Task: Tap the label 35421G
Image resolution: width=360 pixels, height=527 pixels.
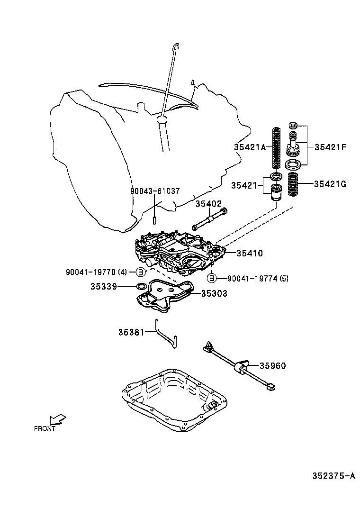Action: tap(330, 184)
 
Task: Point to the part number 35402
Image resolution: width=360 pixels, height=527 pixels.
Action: tap(209, 203)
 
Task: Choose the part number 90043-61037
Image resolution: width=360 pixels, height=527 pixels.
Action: tap(155, 191)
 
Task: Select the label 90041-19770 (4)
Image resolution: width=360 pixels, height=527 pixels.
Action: tap(97, 272)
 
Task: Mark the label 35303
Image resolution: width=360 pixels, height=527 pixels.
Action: tap(214, 294)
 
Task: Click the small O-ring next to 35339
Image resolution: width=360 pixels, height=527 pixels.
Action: tap(141, 286)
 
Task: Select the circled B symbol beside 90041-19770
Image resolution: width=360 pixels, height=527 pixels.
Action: tap(141, 272)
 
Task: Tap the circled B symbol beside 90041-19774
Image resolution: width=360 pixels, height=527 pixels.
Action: tap(212, 278)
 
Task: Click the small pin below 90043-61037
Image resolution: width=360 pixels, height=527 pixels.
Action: tap(155, 220)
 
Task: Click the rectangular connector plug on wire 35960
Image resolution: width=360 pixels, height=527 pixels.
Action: tap(271, 387)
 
